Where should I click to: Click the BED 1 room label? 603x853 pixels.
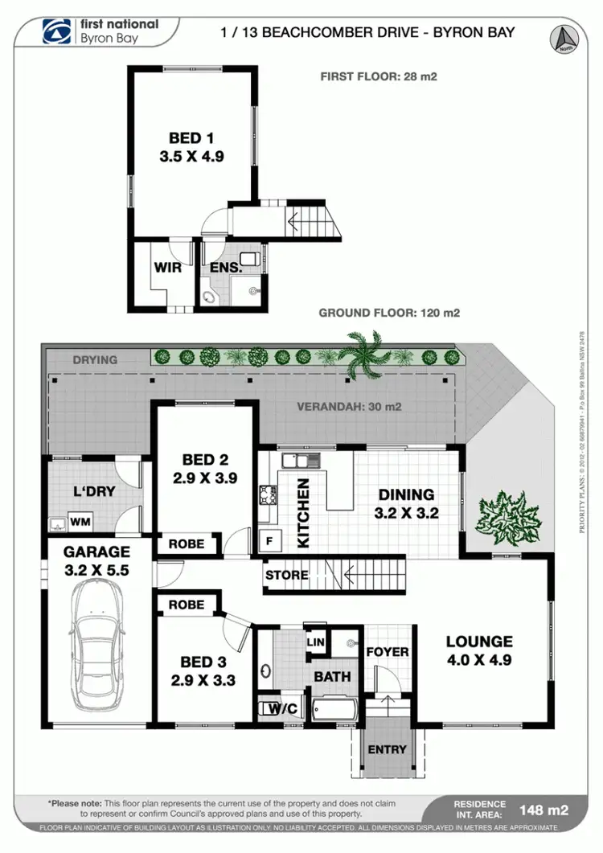(x=191, y=146)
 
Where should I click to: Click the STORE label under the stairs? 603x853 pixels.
(x=286, y=575)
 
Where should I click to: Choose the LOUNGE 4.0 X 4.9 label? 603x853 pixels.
(x=480, y=650)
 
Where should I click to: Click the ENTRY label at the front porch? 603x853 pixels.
(x=387, y=749)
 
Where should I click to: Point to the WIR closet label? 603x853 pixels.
(x=167, y=268)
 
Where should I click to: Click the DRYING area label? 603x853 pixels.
(x=95, y=360)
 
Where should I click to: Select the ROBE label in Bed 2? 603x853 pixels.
(x=187, y=544)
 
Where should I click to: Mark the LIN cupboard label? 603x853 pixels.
(x=316, y=643)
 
